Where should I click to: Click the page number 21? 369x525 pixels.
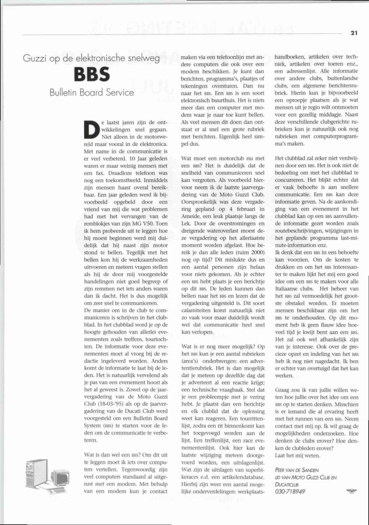coord(354,33)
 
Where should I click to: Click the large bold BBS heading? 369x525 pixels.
coord(92,75)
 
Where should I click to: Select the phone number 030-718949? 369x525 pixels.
coord(290,492)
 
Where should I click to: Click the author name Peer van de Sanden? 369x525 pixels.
coord(297,470)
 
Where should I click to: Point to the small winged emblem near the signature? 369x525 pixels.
coord(351,491)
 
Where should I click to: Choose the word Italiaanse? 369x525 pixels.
coord(288,289)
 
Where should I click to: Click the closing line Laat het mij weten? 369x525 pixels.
coord(298,456)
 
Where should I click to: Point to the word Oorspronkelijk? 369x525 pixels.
coord(199,202)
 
